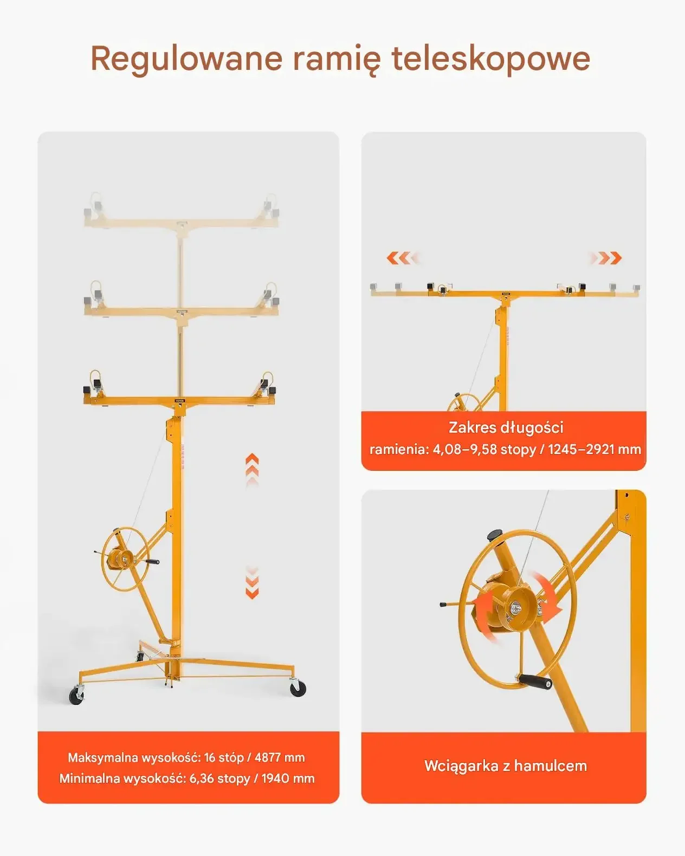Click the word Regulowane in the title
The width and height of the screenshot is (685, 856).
[186, 60]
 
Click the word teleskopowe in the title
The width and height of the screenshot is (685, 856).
[491, 59]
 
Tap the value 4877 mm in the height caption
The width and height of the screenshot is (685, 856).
[280, 757]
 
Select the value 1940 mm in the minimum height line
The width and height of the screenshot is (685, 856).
[288, 778]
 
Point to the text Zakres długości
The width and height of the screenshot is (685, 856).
[506, 427]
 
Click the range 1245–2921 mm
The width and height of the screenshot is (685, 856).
[594, 449]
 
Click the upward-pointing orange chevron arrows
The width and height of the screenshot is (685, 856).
[252, 471]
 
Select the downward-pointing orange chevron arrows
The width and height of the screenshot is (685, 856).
[252, 582]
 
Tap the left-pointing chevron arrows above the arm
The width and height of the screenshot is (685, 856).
[403, 258]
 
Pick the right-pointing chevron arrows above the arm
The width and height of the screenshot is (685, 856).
[606, 258]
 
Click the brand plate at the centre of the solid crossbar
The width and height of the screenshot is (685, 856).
[180, 400]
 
